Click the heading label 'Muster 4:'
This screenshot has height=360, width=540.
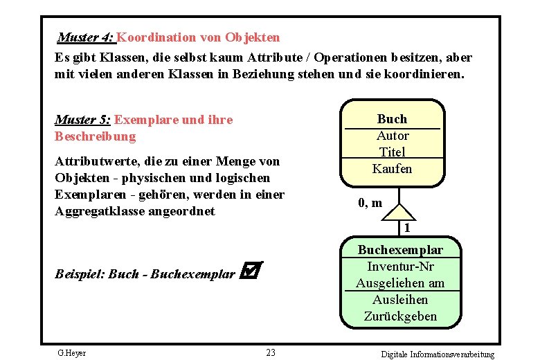coord(86,37)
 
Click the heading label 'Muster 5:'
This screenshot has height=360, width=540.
coord(82,120)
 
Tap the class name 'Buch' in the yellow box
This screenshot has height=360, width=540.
coord(392,119)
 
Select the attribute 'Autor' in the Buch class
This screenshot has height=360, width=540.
coord(392,136)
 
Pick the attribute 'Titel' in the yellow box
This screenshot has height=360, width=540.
coord(392,152)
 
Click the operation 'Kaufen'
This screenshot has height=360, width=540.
coord(392,169)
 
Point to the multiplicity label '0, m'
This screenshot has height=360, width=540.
coord(370,204)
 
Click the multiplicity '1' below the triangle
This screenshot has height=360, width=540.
coord(408,228)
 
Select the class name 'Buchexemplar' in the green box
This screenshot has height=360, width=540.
coord(400,250)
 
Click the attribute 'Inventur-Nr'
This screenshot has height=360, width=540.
coord(400,267)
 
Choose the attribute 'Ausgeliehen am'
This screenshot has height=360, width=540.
coord(400,283)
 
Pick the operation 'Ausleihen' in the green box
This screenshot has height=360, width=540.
coord(400,300)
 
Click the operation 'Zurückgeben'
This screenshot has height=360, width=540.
coord(400,316)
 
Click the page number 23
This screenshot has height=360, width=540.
coord(271,353)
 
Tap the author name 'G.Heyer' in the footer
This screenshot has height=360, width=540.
coord(71,353)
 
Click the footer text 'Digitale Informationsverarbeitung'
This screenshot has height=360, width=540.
coord(438,354)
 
